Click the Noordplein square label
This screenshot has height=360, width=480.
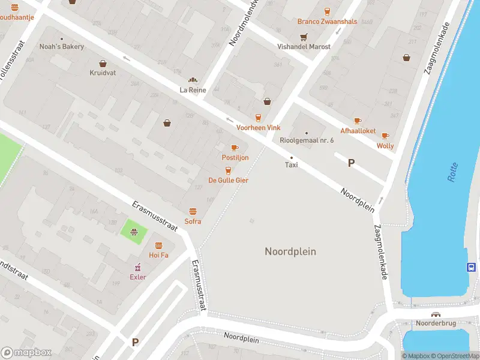click(290, 251)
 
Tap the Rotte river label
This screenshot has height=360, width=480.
click(452, 173)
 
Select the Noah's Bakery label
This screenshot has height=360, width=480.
click(61, 46)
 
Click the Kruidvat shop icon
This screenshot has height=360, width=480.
click(103, 63)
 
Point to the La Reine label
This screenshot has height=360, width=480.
click(193, 90)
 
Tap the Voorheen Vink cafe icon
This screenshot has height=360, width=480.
click(259, 118)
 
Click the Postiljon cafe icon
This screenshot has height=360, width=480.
click(235, 148)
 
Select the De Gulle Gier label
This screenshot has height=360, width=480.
click(228, 180)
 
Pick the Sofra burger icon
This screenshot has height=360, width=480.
click(193, 211)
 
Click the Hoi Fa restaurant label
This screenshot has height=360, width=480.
click(158, 255)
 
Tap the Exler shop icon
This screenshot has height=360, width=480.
click(138, 267)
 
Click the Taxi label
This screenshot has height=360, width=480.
click(291, 164)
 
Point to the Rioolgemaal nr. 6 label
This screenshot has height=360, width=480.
click(307, 140)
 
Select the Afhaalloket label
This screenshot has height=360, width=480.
click(358, 131)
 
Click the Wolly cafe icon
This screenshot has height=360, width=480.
click(385, 136)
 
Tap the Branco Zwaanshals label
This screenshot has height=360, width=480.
click(327, 22)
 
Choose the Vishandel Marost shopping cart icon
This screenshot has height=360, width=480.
click(304, 36)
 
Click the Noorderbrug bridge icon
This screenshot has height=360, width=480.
click(436, 314)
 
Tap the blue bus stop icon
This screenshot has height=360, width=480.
click(472, 268)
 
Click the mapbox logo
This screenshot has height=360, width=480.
click(26, 353)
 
